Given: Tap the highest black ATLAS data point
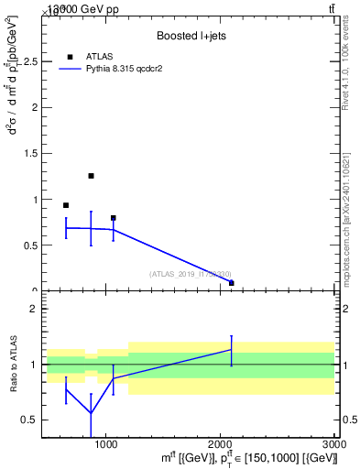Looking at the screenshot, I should click(x=91, y=176).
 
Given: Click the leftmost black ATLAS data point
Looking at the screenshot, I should click(x=66, y=205).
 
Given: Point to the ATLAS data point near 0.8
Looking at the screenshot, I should click(x=114, y=218).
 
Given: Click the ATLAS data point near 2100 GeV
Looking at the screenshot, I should click(x=232, y=283).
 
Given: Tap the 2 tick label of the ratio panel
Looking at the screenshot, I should click(x=30, y=309).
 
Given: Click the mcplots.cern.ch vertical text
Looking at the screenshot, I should click(x=346, y=201).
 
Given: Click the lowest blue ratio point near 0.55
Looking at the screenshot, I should click(x=91, y=413).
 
